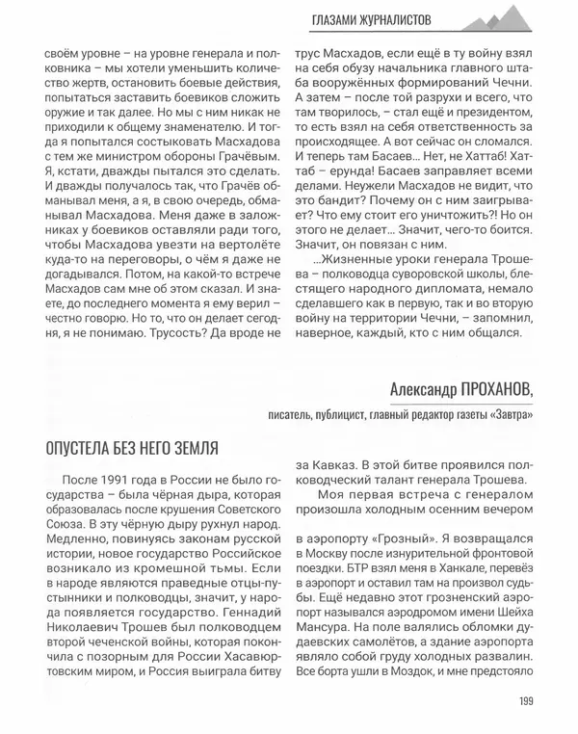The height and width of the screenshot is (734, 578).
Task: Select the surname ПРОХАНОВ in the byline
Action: point(485,389)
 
